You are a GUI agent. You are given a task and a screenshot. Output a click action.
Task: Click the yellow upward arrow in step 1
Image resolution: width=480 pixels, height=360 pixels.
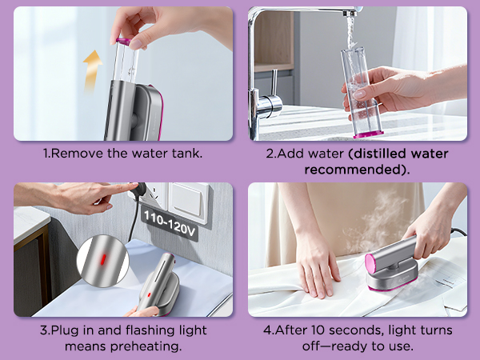92,70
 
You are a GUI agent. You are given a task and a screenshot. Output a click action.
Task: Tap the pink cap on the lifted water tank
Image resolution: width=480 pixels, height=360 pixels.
124,42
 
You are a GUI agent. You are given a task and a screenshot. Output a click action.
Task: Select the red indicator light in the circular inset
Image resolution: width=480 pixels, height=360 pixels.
104,259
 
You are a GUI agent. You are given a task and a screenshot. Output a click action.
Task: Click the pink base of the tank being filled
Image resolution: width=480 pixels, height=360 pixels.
368,134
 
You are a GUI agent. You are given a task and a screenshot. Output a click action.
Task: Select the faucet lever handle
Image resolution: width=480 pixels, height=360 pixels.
274,82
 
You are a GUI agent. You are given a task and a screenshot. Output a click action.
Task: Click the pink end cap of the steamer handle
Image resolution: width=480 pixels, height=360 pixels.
371,263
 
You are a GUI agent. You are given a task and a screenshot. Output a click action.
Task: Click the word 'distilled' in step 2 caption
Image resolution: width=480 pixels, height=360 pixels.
380,153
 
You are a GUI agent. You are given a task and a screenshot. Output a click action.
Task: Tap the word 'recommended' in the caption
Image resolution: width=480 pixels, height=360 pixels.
353,170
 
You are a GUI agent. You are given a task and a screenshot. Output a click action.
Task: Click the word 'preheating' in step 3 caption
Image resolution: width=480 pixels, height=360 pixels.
144,346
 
